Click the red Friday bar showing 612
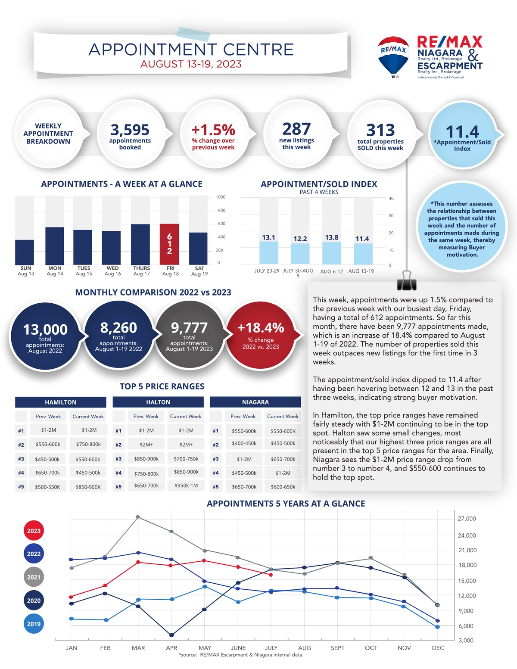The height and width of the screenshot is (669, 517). tap(169, 244)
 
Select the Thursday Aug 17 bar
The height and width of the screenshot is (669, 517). tap(140, 244)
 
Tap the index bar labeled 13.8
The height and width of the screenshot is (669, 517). tap(332, 253)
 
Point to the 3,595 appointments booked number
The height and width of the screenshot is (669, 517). tap(130, 130)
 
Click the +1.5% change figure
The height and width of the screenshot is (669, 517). tap(213, 130)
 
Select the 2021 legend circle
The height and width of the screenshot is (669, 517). tap(34, 577)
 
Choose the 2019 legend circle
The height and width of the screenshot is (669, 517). tap(34, 624)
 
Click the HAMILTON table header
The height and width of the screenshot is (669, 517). tap(61, 402)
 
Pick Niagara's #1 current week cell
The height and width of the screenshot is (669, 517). tap(283, 431)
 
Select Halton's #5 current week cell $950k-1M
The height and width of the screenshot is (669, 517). tap(186, 485)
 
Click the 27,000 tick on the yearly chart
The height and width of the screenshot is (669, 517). tap(467, 519)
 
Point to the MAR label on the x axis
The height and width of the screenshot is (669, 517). tap(138, 648)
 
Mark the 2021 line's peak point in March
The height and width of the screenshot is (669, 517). tap(137, 517)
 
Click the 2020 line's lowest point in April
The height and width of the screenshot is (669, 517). tap(171, 635)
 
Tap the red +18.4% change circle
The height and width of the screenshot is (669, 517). tap(261, 335)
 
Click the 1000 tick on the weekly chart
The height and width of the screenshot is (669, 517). tap(221, 197)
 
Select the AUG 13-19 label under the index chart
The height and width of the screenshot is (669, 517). tap(361, 271)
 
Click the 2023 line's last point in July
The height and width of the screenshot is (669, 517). tap(271, 575)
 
